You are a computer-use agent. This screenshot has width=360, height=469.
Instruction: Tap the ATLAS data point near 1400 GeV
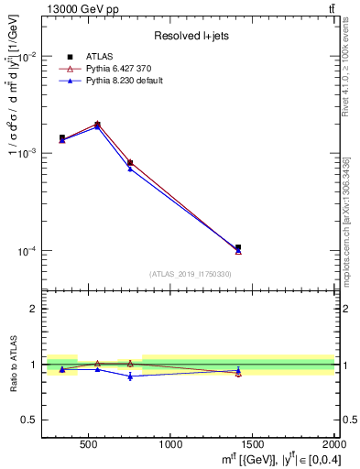[238, 247]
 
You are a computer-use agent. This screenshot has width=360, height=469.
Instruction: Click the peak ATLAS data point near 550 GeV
[97, 124]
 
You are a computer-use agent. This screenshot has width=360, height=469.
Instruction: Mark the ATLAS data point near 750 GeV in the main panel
[130, 162]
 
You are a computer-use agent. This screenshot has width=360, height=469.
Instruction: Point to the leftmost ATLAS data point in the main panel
[62, 138]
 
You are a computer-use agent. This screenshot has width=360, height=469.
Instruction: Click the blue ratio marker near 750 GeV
[130, 376]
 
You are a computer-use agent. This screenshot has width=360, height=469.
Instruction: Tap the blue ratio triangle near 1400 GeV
[238, 370]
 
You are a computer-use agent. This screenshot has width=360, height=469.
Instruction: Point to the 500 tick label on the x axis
[89, 444]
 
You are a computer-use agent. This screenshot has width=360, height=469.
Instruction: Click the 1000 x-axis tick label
[170, 444]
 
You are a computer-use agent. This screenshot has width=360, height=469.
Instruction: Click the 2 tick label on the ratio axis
[35, 309]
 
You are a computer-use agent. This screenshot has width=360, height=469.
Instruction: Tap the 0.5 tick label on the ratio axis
[29, 420]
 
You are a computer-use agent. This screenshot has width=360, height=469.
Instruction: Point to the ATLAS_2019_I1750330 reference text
[190, 274]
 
